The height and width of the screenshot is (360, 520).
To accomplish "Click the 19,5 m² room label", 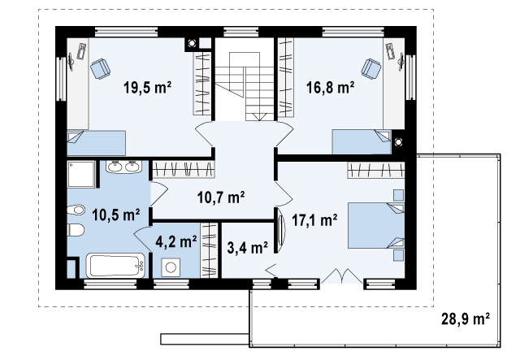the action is tap(147, 88).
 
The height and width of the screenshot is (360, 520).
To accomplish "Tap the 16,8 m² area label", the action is tap(330, 88).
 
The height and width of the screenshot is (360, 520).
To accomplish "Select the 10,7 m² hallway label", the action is tap(221, 197).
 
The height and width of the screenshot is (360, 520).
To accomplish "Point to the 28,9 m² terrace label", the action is tap(466, 319).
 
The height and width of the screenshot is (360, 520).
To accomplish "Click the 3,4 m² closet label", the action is tap(247, 247).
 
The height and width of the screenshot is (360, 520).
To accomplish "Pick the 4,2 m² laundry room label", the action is tap(176, 241).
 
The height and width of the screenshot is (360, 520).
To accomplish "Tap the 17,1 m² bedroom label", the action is tap(314, 219).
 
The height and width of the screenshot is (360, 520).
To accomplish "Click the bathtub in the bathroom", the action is tap(115, 266).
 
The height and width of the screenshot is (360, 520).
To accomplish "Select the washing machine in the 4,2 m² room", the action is tap(171, 267).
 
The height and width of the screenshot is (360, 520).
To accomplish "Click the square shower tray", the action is tap(81, 175).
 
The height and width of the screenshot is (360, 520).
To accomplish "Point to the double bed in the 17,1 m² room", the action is tap(376, 225).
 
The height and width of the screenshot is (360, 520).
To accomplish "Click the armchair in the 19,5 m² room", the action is tap(100, 69).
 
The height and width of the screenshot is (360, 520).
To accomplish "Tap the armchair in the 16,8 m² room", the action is tap(371, 69).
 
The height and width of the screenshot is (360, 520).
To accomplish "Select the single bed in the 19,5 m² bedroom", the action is tap(96, 143).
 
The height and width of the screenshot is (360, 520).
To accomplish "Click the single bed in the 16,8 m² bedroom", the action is tap(362, 142).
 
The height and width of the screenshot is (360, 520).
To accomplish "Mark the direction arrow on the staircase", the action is tap(259, 116).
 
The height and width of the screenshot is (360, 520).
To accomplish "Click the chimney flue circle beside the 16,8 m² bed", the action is tap(398, 142).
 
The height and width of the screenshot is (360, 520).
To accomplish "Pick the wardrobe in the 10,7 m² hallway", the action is tap(184, 169).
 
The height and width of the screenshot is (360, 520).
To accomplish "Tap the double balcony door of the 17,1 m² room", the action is tap(341, 276).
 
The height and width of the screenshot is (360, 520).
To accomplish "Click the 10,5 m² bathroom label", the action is tap(115, 215).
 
